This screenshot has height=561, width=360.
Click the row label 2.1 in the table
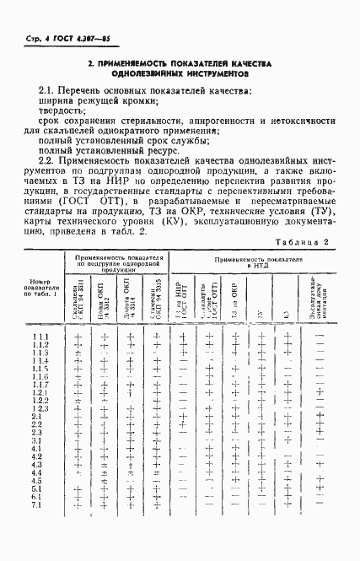[37, 416]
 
